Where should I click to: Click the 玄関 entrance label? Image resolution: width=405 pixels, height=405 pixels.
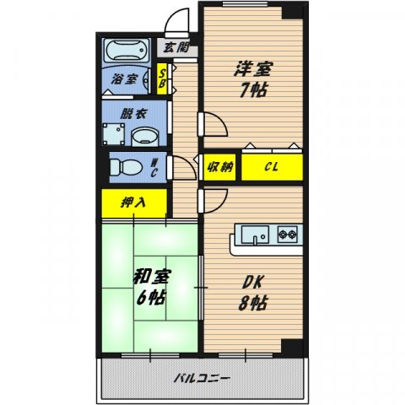tap(175, 47)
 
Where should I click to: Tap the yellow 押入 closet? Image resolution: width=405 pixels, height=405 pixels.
tap(131, 202)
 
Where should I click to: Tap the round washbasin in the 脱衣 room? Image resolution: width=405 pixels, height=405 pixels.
tap(145, 135)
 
